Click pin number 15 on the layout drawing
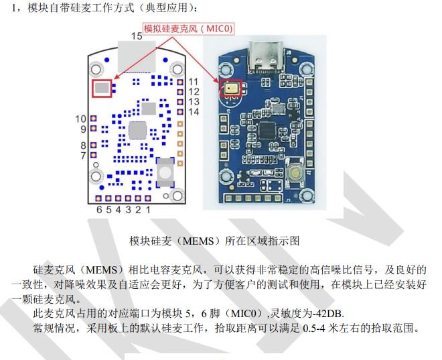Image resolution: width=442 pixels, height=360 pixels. pyautogui.click(x=136, y=36)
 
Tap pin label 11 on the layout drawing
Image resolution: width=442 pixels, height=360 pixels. pyautogui.click(x=194, y=82)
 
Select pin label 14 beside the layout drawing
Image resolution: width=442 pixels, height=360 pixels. pyautogui.click(x=194, y=111)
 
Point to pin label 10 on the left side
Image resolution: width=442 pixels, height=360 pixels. pyautogui.click(x=80, y=119)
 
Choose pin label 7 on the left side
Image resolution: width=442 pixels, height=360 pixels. pyautogui.click(x=84, y=156)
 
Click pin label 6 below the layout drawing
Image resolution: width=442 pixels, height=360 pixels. pyautogui.click(x=98, y=209)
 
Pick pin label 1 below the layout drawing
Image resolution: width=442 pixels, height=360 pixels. pyautogui.click(x=147, y=209)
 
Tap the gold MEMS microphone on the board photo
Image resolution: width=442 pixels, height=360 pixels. pyautogui.click(x=232, y=86)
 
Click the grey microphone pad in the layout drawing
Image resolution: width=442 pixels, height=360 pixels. pyautogui.click(x=102, y=86)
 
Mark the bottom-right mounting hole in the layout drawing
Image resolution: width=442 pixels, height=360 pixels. pyautogui.click(x=177, y=195)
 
